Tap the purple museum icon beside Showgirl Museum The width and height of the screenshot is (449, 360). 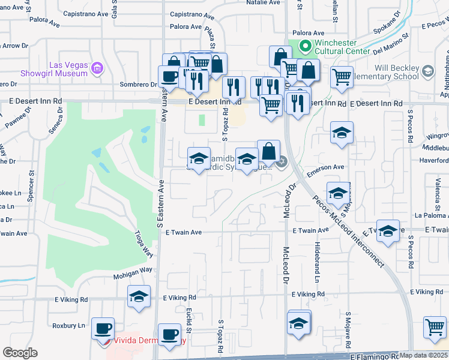[97, 70]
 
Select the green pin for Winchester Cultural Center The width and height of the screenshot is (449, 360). [304, 46]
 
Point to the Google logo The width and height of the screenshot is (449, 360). [20, 353]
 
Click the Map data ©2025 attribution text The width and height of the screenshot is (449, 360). [424, 355]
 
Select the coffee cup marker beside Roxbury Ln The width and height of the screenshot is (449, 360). [103, 328]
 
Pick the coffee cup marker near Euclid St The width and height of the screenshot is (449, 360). [169, 334]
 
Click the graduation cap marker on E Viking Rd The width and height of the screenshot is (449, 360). [139, 297]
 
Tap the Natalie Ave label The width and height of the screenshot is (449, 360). [263, 2]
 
